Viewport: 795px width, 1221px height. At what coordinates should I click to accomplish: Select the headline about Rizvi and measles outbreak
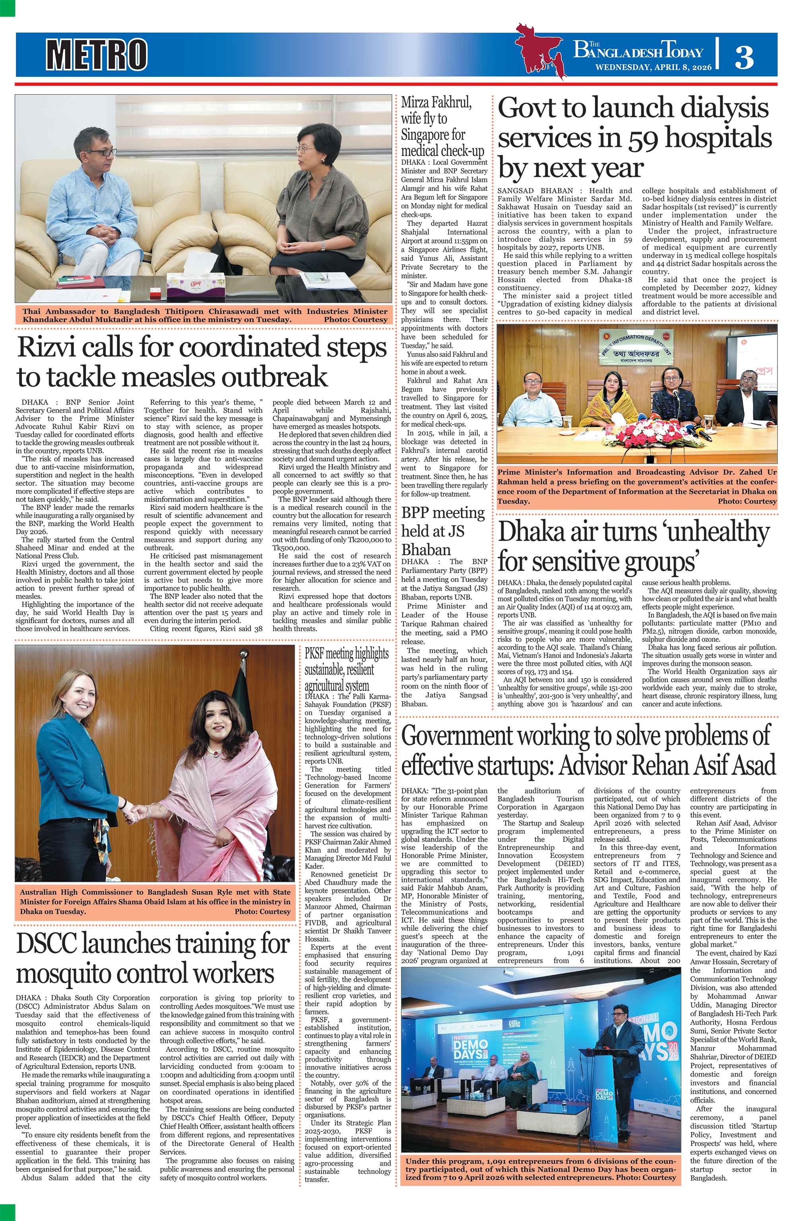click(202, 362)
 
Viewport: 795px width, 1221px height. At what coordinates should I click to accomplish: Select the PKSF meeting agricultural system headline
click(347, 669)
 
